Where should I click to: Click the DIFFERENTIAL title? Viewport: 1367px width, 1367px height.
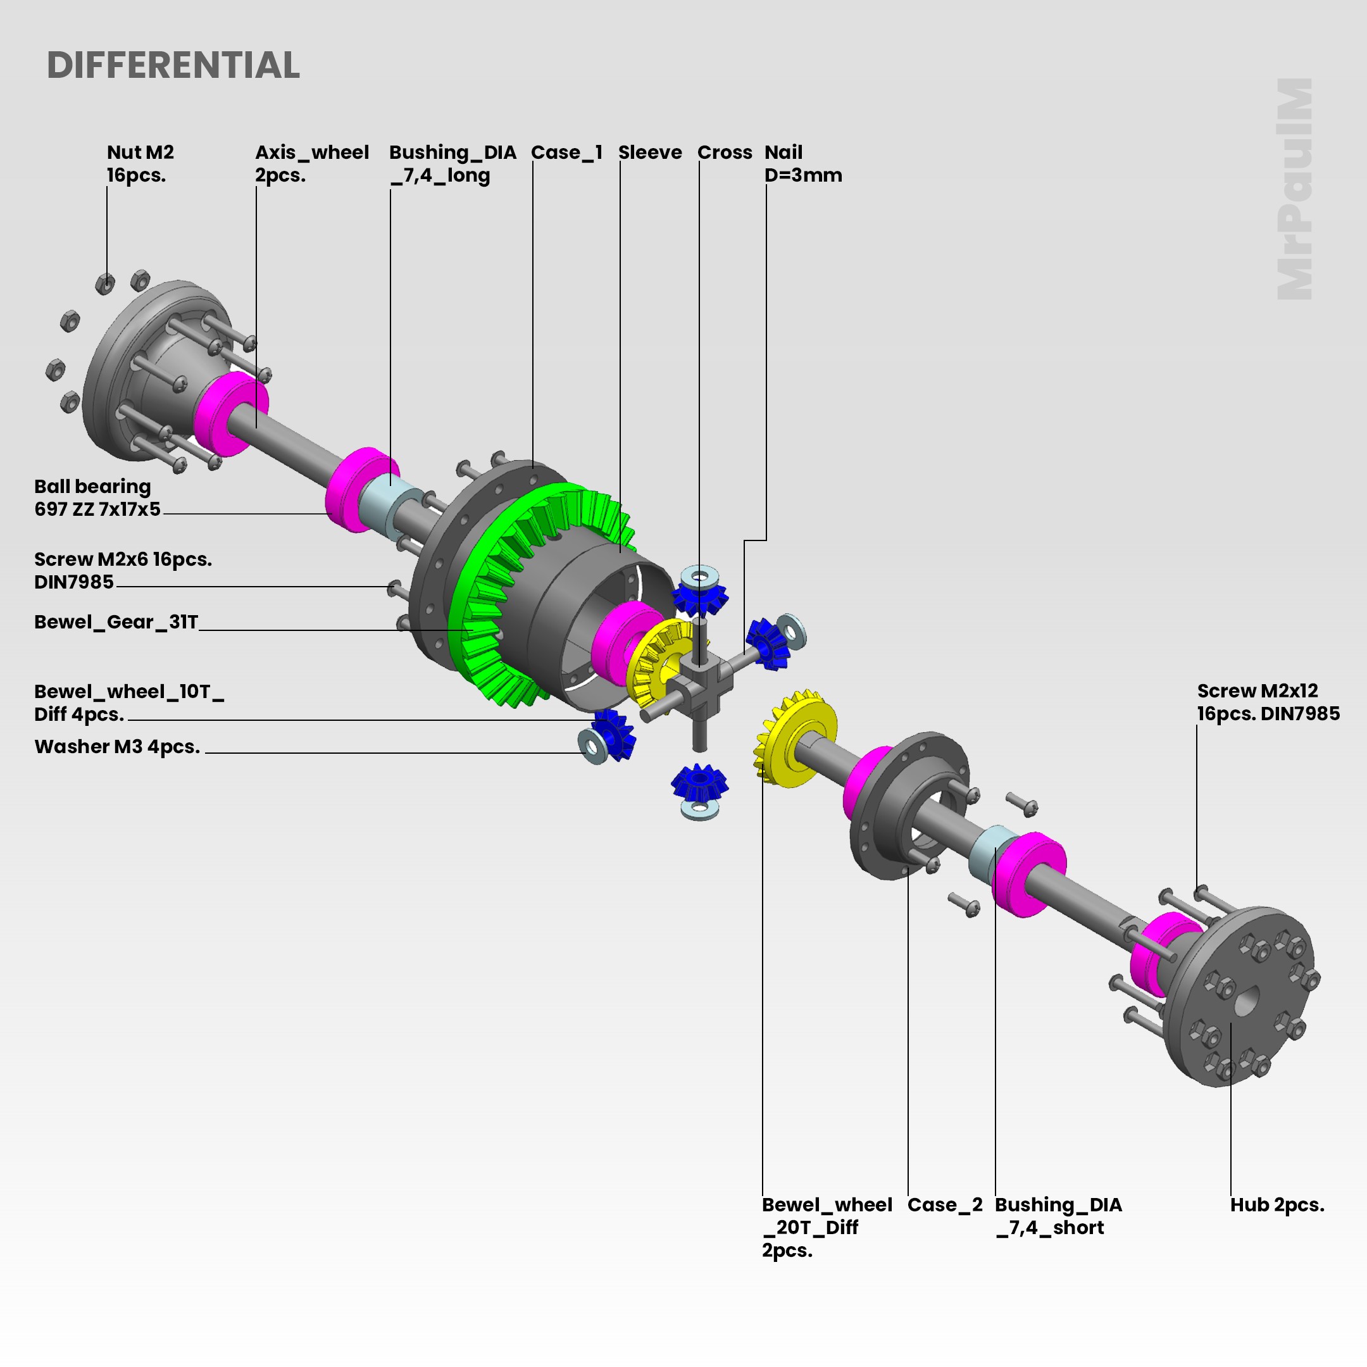[173, 65]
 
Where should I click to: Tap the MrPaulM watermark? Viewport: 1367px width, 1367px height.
[1294, 189]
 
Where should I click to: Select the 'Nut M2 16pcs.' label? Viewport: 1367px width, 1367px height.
[140, 163]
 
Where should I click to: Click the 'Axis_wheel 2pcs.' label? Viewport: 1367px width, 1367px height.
[311, 163]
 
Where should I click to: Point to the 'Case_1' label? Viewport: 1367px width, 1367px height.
[566, 152]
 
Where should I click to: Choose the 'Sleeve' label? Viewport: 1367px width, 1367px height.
[649, 152]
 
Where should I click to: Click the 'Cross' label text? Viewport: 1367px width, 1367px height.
[725, 152]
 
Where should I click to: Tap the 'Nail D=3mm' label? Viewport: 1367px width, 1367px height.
[802, 163]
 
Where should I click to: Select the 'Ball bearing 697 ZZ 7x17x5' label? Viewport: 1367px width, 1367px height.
[97, 497]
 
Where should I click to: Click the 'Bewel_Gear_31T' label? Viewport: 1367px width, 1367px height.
[116, 621]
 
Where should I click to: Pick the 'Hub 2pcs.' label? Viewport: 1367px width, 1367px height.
[1276, 1204]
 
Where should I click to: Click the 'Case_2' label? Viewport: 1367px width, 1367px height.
[945, 1204]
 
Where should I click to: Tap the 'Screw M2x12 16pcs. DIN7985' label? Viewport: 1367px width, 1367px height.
[1268, 702]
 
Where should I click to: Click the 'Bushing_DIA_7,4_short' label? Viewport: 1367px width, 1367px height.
[1058, 1216]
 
